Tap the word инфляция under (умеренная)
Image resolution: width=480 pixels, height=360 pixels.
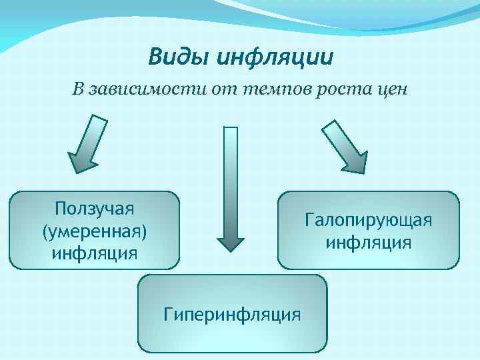click(95, 253)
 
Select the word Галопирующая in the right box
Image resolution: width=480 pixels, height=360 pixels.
click(369, 219)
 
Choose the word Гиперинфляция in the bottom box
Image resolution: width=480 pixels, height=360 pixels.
click(232, 313)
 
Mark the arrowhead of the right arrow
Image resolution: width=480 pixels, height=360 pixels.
click(355, 163)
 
